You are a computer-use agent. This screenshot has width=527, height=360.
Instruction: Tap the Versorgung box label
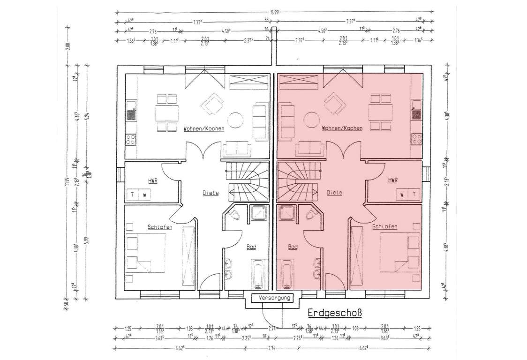click(272, 298)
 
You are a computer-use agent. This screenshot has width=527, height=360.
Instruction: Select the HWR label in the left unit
click(152, 180)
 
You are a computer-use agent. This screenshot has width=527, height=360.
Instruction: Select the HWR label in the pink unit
click(392, 180)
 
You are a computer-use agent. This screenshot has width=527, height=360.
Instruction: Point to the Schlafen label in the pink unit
click(385, 227)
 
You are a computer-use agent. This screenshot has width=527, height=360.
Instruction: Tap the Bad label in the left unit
click(251, 247)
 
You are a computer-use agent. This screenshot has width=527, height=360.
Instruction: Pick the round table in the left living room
click(236, 120)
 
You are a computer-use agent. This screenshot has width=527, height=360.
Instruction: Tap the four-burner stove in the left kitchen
click(131, 139)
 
